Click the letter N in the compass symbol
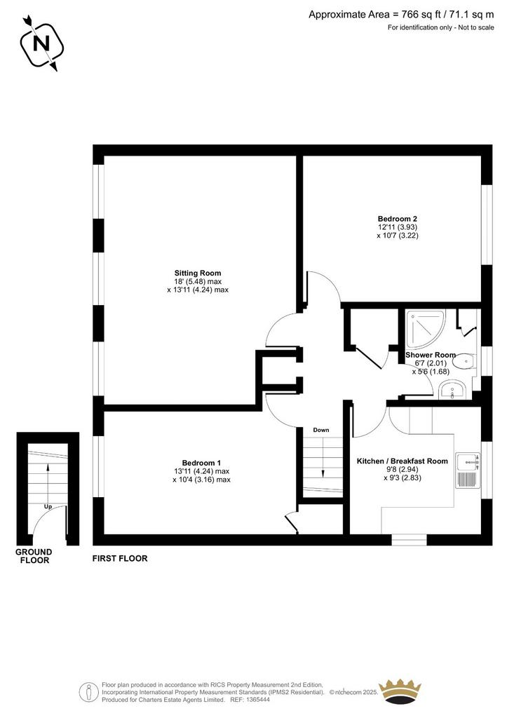[41, 44]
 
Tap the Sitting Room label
[197, 273]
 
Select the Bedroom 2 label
[397, 219]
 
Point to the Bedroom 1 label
[201, 463]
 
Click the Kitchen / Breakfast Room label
[402, 461]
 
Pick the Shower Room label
[431, 355]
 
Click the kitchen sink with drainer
[468, 470]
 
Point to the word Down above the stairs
[321, 430]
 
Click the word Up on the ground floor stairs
[48, 507]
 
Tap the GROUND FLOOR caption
[34, 556]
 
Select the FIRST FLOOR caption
[120, 559]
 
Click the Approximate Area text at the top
[401, 15]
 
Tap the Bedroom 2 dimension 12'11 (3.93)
[397, 227]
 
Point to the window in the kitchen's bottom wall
[409, 539]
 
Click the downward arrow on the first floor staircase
[323, 458]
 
